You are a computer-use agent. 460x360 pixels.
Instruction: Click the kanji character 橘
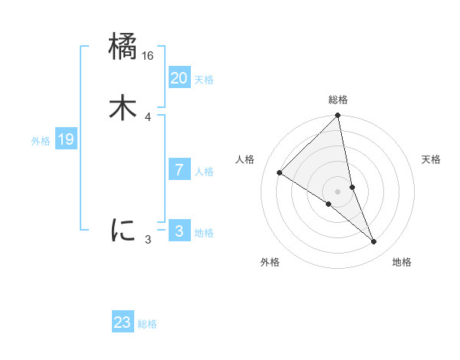pyautogui.click(x=123, y=47)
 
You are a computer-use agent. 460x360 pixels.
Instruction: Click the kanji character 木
pyautogui.click(x=123, y=107)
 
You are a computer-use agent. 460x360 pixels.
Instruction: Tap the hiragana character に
pyautogui.click(x=123, y=229)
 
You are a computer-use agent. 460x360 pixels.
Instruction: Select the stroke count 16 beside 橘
pyautogui.click(x=148, y=56)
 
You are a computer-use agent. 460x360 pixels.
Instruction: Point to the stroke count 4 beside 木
pyautogui.click(x=147, y=116)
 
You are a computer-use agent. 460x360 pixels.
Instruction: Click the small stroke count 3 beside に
pyautogui.click(x=148, y=240)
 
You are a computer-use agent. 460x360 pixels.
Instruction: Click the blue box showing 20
pyautogui.click(x=179, y=78)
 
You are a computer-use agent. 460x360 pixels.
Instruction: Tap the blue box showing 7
pyautogui.click(x=179, y=170)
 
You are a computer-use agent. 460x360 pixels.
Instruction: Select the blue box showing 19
pyautogui.click(x=66, y=139)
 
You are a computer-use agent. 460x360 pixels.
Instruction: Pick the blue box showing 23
pyautogui.click(x=123, y=322)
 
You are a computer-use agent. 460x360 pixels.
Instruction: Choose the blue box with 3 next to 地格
pyautogui.click(x=179, y=231)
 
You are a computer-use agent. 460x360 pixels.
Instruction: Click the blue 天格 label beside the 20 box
pyautogui.click(x=204, y=80)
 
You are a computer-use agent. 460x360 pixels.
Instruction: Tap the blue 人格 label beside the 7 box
pyautogui.click(x=204, y=172)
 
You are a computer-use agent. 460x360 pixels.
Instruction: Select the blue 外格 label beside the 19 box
pyautogui.click(x=41, y=141)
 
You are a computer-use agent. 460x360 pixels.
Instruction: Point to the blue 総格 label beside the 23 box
pyautogui.click(x=147, y=324)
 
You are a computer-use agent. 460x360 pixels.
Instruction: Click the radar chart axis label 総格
pyautogui.click(x=338, y=100)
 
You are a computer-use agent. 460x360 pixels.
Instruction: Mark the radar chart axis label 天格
pyautogui.click(x=431, y=159)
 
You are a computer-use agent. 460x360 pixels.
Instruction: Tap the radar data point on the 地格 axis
pyautogui.click(x=374, y=241)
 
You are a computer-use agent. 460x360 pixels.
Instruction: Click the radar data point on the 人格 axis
pyautogui.click(x=280, y=172)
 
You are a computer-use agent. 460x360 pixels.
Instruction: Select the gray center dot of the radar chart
pyautogui.click(x=338, y=191)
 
